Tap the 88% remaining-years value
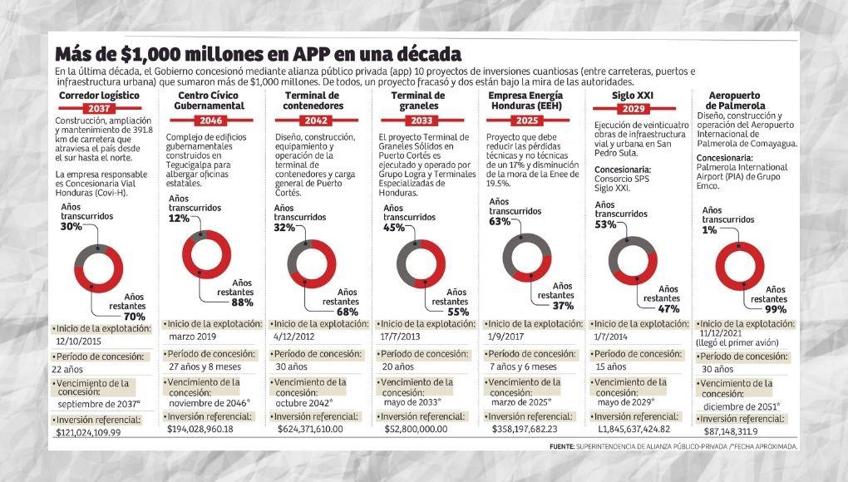tap(242, 302)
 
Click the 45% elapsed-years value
tap(394, 229)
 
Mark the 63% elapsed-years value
tap(500, 222)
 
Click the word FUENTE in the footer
tap(566, 447)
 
